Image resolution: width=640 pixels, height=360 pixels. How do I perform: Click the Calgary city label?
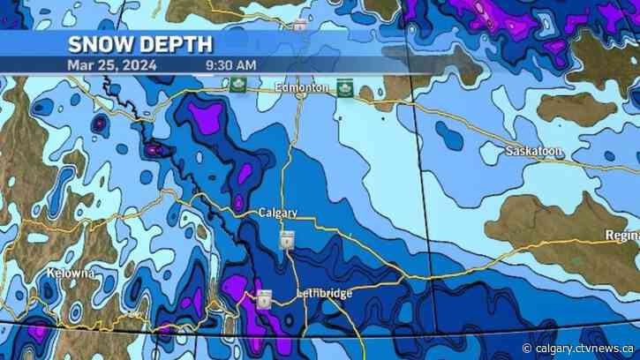pyautogui.click(x=278, y=214)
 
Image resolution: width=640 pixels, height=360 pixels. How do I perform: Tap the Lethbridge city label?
pyautogui.click(x=326, y=292)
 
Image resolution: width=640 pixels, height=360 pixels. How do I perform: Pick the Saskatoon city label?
pyautogui.click(x=534, y=152)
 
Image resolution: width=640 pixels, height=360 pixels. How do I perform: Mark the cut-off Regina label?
pyautogui.click(x=621, y=235)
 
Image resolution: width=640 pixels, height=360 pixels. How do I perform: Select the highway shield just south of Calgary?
pyautogui.click(x=287, y=241)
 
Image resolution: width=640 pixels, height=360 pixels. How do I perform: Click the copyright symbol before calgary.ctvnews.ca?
pyautogui.click(x=528, y=347)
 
